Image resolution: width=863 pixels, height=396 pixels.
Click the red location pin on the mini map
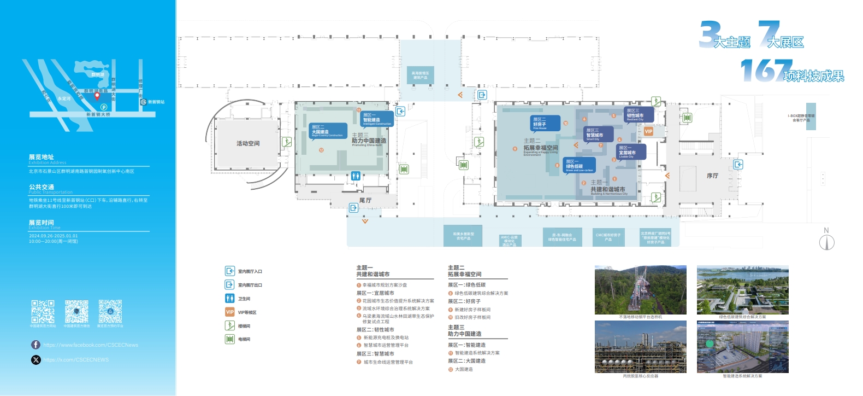click(x=97, y=96)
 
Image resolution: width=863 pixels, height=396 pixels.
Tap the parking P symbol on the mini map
click(x=104, y=107)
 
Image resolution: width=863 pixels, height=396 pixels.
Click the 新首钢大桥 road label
click(x=98, y=114)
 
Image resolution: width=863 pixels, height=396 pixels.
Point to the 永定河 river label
click(x=64, y=99)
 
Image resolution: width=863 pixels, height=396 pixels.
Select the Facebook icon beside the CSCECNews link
click(x=36, y=345)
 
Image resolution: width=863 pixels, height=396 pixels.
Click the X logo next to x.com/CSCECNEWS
click(x=36, y=359)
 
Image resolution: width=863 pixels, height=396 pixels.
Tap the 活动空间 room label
click(x=248, y=143)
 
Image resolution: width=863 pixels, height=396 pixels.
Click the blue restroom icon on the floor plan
click(x=356, y=176)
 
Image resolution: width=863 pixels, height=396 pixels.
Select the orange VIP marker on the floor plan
click(x=648, y=131)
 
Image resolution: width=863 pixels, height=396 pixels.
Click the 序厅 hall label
click(x=712, y=176)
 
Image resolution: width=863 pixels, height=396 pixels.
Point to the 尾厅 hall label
click(x=365, y=201)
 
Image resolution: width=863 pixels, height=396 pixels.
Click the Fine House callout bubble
click(x=546, y=124)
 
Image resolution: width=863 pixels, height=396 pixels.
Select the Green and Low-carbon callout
click(x=579, y=165)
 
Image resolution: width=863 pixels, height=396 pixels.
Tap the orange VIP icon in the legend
click(x=230, y=312)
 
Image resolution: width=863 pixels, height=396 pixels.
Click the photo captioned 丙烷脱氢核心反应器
click(x=640, y=347)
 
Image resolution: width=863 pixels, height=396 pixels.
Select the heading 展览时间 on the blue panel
click(x=42, y=223)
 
